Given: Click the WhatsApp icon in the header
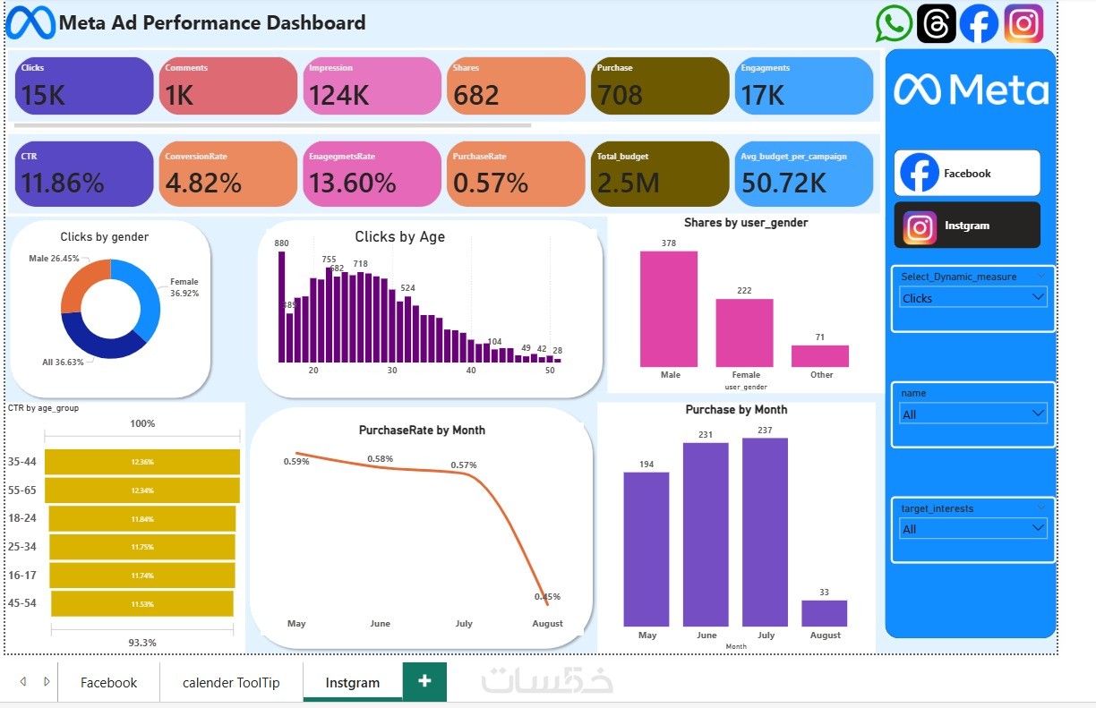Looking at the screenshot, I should pyautogui.click(x=894, y=23).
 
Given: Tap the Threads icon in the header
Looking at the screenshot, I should pyautogui.click(x=936, y=23).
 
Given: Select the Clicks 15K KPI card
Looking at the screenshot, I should pyautogui.click(x=84, y=86).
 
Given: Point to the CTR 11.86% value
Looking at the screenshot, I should pyautogui.click(x=62, y=183).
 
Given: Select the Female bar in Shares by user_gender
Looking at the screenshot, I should pyautogui.click(x=744, y=332).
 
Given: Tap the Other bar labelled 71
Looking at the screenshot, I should pyautogui.click(x=819, y=355).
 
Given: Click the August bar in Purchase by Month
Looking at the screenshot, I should pyautogui.click(x=824, y=613).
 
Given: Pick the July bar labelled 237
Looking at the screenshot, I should pyautogui.click(x=765, y=532).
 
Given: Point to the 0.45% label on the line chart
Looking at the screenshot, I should pyautogui.click(x=547, y=597).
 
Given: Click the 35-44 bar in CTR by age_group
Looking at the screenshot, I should pyautogui.click(x=142, y=462).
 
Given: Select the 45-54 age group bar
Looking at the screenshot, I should pyautogui.click(x=142, y=603).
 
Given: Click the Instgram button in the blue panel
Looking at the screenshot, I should pyautogui.click(x=966, y=226).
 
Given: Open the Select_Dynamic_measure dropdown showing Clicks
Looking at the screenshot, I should pyautogui.click(x=972, y=298).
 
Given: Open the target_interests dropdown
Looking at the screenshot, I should pyautogui.click(x=972, y=529).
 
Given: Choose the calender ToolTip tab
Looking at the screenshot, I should pyautogui.click(x=231, y=682).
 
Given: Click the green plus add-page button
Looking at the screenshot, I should pyautogui.click(x=424, y=681).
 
